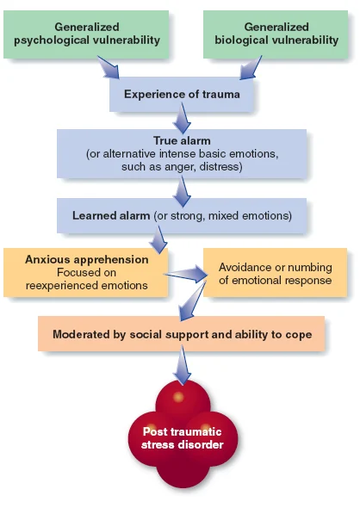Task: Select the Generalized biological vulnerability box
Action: (276, 34)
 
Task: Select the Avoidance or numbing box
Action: (275, 273)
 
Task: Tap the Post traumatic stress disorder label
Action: (181, 436)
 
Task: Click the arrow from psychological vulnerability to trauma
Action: (113, 66)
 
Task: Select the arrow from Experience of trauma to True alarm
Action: (182, 118)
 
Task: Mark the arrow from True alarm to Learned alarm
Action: (182, 188)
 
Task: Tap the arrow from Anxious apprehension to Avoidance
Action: (187, 275)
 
